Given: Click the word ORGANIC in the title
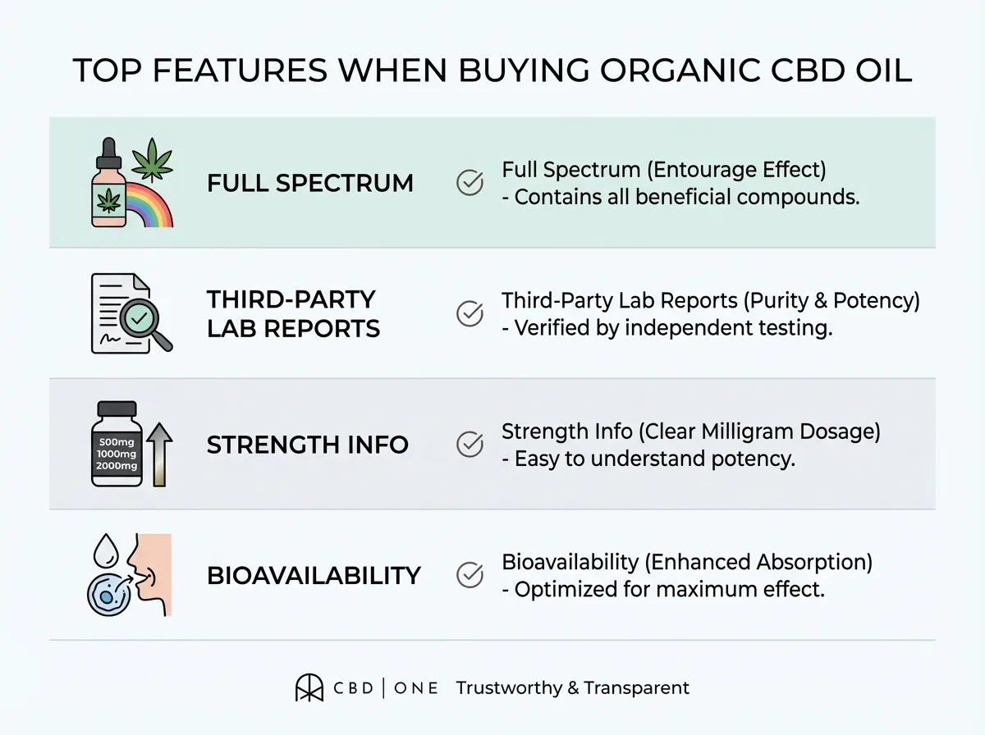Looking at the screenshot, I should pyautogui.click(x=681, y=71).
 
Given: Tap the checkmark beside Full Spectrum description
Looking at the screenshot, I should pyautogui.click(x=470, y=182).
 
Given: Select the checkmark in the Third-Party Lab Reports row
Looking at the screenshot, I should pyautogui.click(x=470, y=313).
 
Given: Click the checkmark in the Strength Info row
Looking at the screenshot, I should pyautogui.click(x=470, y=445).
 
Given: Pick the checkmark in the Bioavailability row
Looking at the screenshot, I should pyautogui.click(x=470, y=574).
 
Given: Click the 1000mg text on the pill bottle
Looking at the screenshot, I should pyautogui.click(x=117, y=454).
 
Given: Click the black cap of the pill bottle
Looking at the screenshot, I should pyautogui.click(x=117, y=409).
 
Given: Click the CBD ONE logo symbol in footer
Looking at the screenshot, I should pyautogui.click(x=309, y=688).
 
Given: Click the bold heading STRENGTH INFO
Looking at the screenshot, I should pyautogui.click(x=308, y=445).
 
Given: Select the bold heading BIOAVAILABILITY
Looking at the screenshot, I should pyautogui.click(x=314, y=576).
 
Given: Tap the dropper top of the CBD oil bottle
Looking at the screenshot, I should pyautogui.click(x=108, y=154).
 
